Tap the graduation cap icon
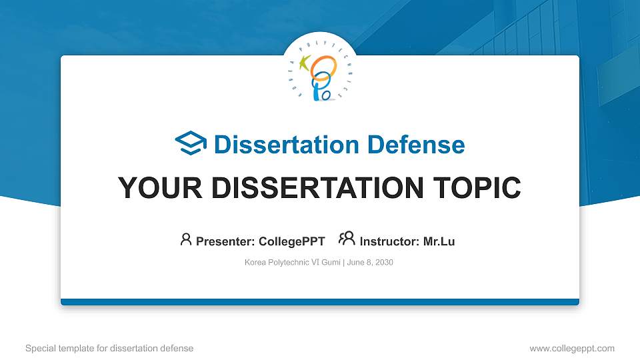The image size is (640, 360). click(191, 143)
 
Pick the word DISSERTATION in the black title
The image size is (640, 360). click(313, 188)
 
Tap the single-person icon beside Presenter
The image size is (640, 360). click(186, 239)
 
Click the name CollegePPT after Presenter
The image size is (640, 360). click(291, 241)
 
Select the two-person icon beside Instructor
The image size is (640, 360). click(347, 239)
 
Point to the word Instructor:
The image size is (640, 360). click(389, 241)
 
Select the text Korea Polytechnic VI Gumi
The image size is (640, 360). click(293, 263)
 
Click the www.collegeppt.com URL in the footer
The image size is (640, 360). click(571, 348)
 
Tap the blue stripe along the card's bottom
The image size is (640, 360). click(320, 302)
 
